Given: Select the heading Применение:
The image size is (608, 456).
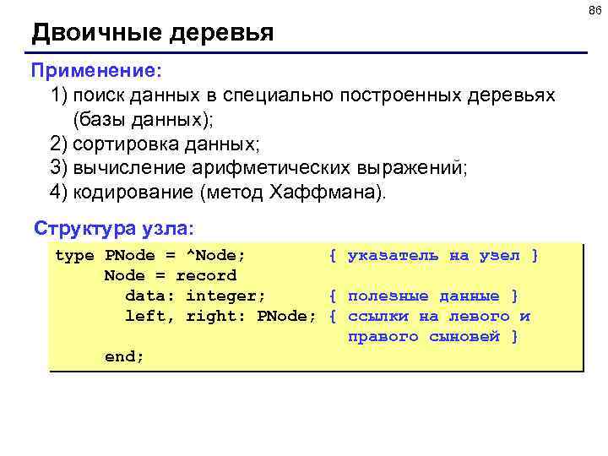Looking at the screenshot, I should [x=95, y=66].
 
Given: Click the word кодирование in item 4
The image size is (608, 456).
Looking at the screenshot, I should [x=132, y=192].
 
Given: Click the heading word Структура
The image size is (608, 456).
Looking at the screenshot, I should [x=77, y=229].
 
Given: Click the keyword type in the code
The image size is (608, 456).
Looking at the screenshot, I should [x=74, y=256].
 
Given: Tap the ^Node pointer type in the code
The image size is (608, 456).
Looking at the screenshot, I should [x=220, y=256].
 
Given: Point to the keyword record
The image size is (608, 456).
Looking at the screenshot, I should [x=206, y=276].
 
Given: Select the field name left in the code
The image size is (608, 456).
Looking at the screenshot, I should [x=145, y=317].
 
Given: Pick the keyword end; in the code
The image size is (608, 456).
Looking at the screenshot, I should [x=124, y=357].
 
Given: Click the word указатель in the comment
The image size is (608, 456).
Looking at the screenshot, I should [x=393, y=256].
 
